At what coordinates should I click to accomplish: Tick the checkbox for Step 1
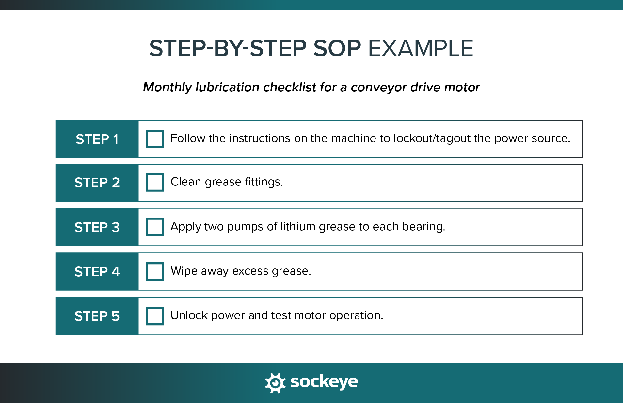coord(154,139)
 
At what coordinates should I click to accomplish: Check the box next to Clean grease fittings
coord(154,182)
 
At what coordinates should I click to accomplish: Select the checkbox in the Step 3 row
coord(154,227)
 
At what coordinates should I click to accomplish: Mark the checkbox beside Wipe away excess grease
coord(154,271)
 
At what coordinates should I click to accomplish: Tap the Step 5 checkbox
coord(154,316)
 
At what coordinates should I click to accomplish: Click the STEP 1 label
coord(97,139)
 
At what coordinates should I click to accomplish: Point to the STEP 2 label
coord(97,183)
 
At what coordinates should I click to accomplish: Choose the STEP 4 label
coord(97,272)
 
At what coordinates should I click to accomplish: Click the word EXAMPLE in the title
coord(421,49)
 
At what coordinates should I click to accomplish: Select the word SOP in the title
coord(337,49)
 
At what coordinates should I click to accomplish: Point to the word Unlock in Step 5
coord(189,315)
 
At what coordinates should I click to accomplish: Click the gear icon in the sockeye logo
coord(275,382)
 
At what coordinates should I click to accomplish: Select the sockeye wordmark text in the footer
coord(324,381)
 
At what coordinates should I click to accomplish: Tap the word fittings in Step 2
coord(264,182)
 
